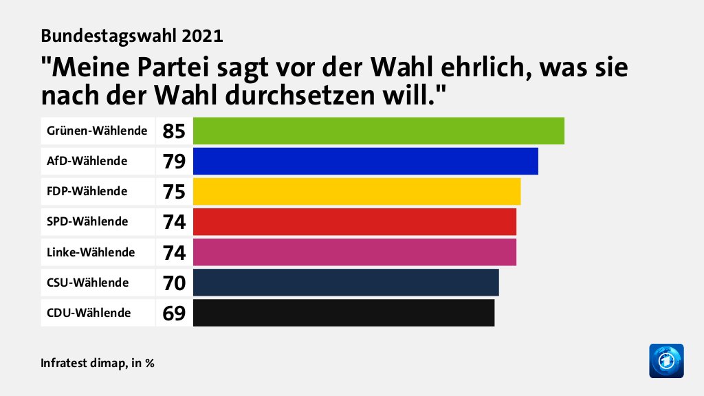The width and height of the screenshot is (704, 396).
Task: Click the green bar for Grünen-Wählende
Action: click(x=378, y=131)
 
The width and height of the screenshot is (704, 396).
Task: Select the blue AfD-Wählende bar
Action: click(x=365, y=161)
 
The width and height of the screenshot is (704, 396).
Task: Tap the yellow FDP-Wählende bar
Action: click(x=357, y=191)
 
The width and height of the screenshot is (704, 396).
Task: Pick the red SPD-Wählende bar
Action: click(x=354, y=221)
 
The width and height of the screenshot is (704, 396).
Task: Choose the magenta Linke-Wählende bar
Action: click(x=354, y=252)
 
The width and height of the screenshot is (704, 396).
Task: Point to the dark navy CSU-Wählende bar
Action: click(x=346, y=282)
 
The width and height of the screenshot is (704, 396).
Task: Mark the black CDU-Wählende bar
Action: click(x=344, y=312)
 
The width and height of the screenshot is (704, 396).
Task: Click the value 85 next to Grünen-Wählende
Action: click(x=174, y=131)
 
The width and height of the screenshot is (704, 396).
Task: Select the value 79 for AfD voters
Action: click(x=174, y=161)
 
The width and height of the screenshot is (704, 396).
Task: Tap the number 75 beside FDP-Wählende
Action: click(x=174, y=191)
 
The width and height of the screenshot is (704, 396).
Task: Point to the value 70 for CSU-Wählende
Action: click(x=174, y=282)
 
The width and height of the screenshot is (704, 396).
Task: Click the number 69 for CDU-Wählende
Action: click(x=174, y=313)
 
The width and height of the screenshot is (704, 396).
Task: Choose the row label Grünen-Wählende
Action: click(x=97, y=130)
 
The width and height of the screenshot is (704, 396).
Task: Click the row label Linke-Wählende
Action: click(x=91, y=252)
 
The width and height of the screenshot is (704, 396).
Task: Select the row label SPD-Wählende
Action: click(x=87, y=221)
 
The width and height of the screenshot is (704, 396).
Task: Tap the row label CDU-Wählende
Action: click(x=89, y=313)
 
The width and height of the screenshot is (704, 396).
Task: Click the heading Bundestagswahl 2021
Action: click(x=132, y=35)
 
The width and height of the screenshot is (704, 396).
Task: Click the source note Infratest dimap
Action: click(x=82, y=362)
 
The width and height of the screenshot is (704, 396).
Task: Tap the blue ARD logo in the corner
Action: click(x=666, y=360)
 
